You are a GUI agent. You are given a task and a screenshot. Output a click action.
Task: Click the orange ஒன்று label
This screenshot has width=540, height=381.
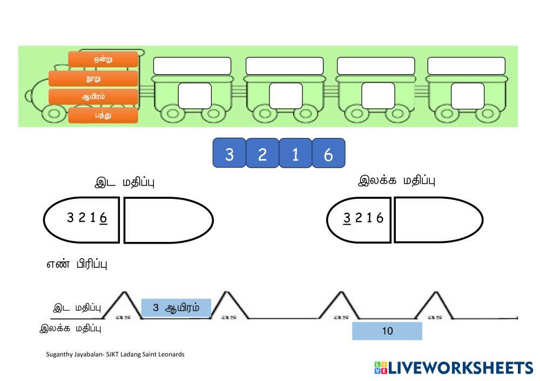pyautogui.click(x=103, y=59)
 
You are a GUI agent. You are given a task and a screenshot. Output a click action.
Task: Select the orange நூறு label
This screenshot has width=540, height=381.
pyautogui.click(x=93, y=79)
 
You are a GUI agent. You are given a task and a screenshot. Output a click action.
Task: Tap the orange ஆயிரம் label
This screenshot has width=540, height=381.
pyautogui.click(x=93, y=97)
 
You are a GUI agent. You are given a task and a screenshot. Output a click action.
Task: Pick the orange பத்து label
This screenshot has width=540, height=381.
pyautogui.click(x=103, y=115)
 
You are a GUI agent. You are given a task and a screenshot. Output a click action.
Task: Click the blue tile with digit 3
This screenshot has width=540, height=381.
pyautogui.click(x=230, y=154)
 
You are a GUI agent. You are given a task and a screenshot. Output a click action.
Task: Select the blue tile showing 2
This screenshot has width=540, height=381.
pyautogui.click(x=262, y=155)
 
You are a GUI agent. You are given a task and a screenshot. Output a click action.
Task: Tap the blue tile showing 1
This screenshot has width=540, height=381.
pyautogui.click(x=295, y=155)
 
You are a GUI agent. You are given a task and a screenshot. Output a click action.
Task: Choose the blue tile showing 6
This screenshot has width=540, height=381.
pyautogui.click(x=328, y=155)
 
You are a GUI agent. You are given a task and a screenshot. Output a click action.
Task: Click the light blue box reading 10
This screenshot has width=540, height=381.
pyautogui.click(x=387, y=331)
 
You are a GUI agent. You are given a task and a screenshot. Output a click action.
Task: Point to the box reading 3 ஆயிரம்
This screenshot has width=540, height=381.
pyautogui.click(x=176, y=308)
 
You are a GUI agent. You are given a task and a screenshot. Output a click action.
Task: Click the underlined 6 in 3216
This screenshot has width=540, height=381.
pyautogui.click(x=103, y=218)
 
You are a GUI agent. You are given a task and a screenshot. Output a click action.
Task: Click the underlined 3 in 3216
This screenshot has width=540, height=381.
pyautogui.click(x=347, y=218)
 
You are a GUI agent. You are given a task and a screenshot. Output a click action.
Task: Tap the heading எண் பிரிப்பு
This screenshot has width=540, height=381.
pyautogui.click(x=77, y=264)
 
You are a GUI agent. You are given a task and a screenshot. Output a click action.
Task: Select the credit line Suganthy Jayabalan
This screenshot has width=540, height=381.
pyautogui.click(x=115, y=354)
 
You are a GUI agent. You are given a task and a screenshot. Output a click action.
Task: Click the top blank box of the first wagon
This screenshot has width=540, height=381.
pyautogui.click(x=192, y=66)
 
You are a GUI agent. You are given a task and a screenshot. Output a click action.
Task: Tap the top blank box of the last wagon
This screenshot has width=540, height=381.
pyautogui.click(x=467, y=66)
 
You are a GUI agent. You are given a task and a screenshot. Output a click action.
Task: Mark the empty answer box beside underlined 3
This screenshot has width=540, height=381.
pyautogui.click(x=438, y=219)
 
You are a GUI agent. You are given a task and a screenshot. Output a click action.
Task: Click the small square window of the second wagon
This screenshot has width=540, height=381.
pyautogui.click(x=286, y=96)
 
